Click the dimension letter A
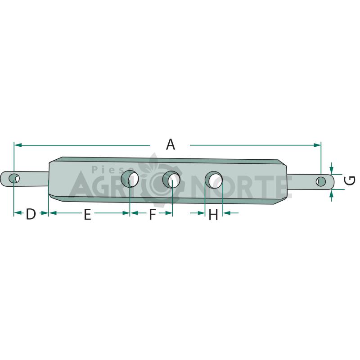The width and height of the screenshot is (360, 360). pyautogui.click(x=171, y=144)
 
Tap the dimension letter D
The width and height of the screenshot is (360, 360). pyautogui.click(x=31, y=214)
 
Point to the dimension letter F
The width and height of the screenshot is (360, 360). pyautogui.click(x=153, y=214)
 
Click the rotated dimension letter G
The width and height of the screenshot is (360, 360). pyautogui.click(x=350, y=180)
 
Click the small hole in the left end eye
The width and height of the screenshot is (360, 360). pyautogui.click(x=14, y=178)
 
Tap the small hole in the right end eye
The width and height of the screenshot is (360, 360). pyautogui.click(x=320, y=182)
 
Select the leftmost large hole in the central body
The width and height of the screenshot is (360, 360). pyautogui.click(x=130, y=179)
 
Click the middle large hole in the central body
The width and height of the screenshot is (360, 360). pyautogui.click(x=171, y=180)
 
